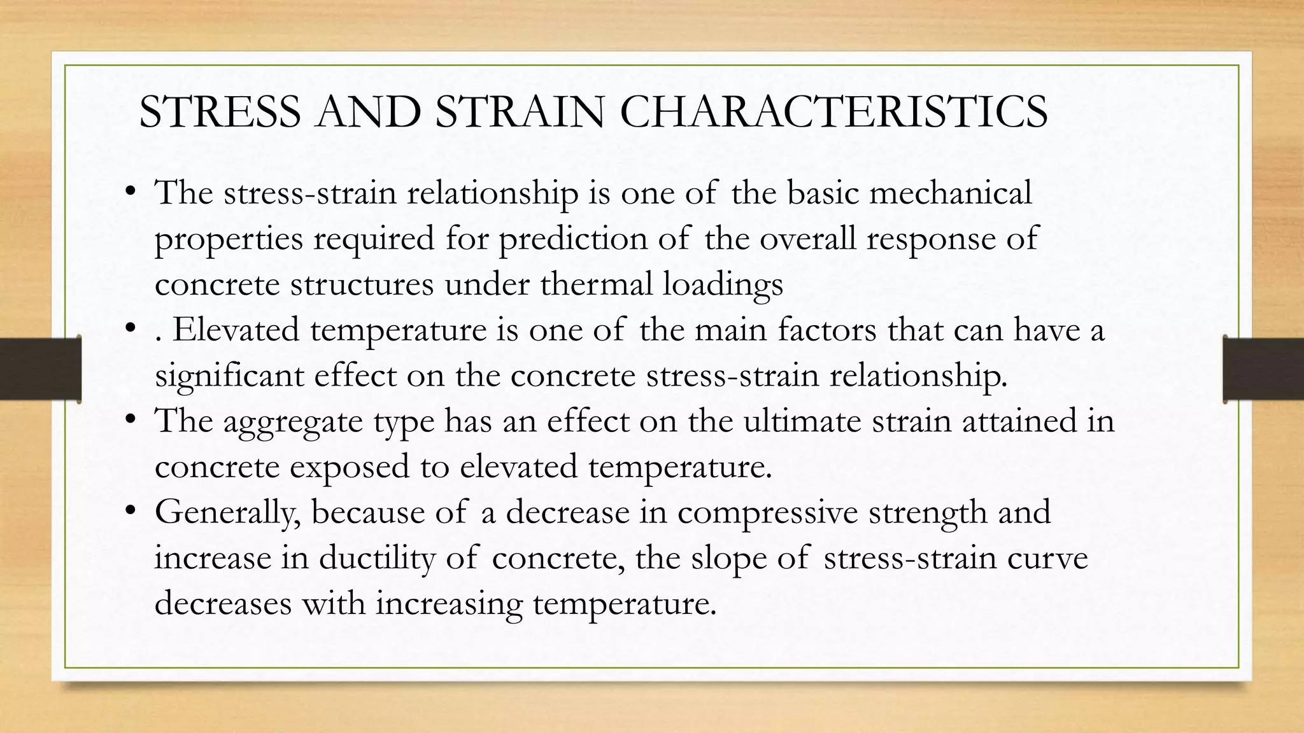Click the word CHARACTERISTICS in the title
[x=833, y=112]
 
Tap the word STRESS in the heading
[x=220, y=112]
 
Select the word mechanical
[x=951, y=192]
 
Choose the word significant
[x=229, y=375]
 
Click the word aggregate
[x=293, y=422]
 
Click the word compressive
[x=768, y=513]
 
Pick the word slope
[x=728, y=559]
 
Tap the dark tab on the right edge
[x=1263, y=369]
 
